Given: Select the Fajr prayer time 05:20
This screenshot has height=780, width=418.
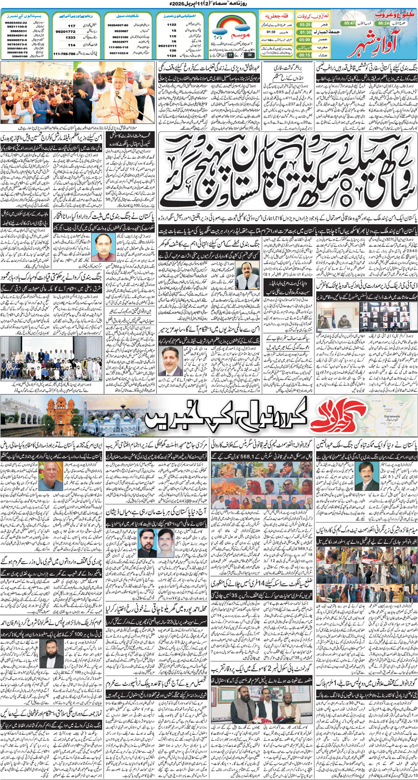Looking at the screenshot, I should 305,25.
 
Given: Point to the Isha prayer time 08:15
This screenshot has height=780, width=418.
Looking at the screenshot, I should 305,55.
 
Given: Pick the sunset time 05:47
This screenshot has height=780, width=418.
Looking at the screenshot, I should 350,23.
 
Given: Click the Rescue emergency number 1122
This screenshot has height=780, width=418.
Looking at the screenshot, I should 172,25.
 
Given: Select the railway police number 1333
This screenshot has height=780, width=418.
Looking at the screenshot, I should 71,38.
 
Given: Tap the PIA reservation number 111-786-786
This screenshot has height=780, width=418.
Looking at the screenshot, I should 64,54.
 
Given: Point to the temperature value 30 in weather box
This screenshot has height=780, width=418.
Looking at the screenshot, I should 249,55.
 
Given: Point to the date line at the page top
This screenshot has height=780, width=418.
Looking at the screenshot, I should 209,4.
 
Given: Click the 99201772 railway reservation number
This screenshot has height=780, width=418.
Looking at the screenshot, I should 65,32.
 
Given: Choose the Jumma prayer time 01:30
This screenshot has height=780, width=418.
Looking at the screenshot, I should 306,32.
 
